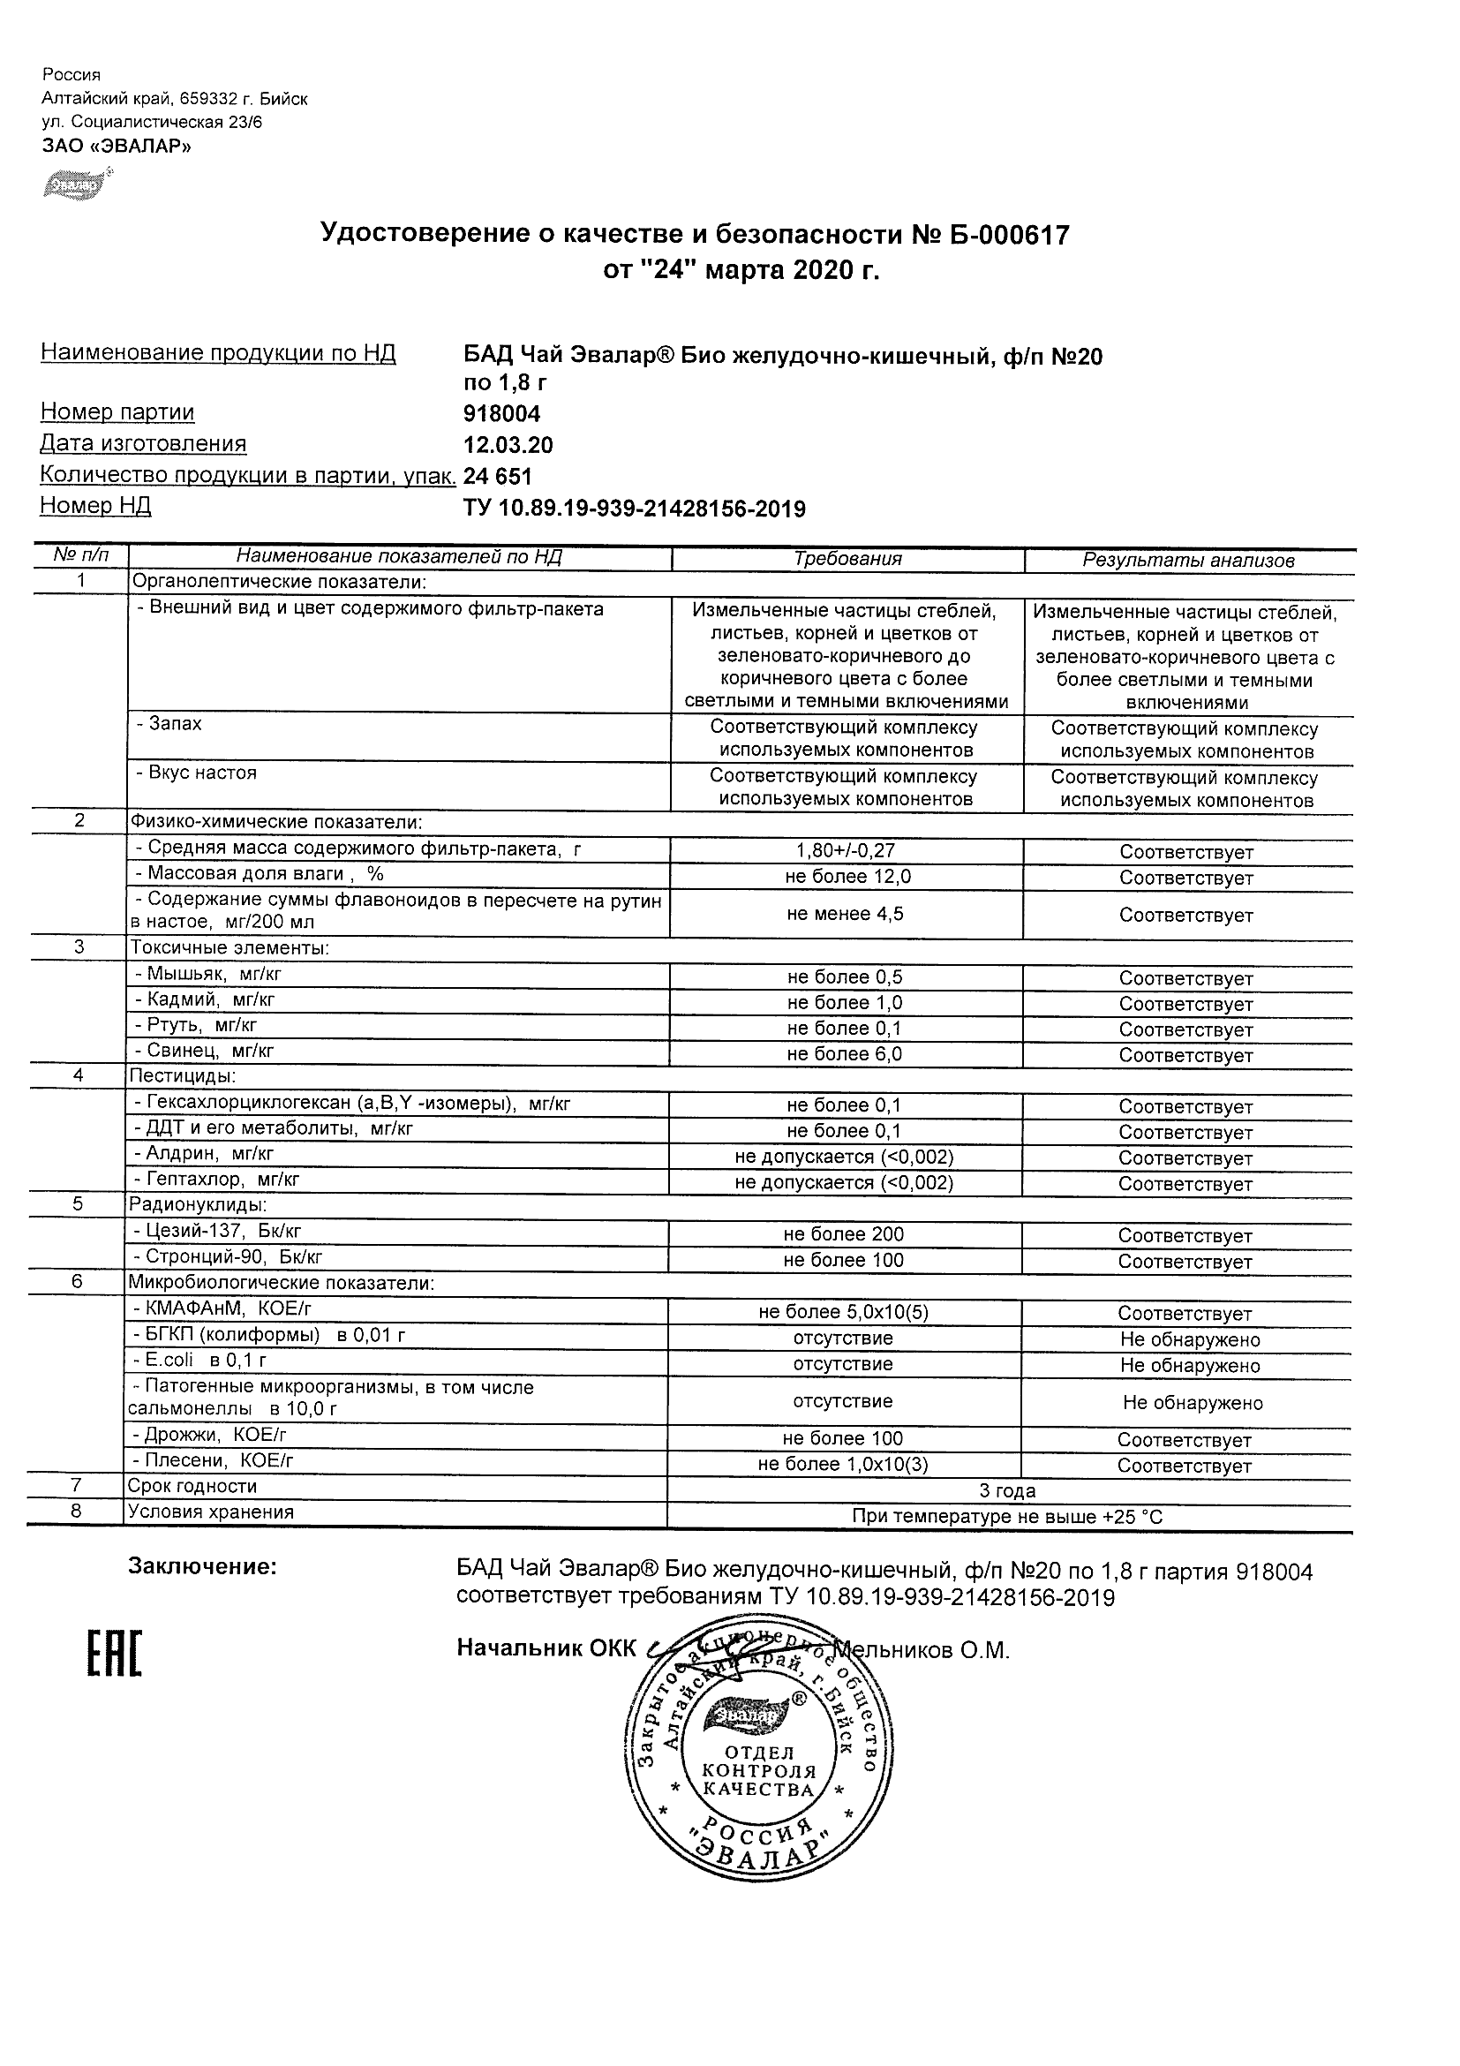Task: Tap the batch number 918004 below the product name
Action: (501, 414)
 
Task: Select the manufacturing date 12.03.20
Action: (508, 445)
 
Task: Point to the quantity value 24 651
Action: (498, 477)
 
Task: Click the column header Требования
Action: (847, 559)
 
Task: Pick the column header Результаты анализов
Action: (1187, 561)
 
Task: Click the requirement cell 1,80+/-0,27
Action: (846, 850)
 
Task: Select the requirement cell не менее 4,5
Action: (845, 914)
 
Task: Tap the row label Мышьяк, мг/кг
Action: (214, 974)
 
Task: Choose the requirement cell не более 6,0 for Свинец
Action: (844, 1053)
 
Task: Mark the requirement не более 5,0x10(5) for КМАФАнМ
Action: (843, 1313)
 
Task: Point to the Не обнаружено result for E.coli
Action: (1189, 1365)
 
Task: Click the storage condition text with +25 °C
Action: (1006, 1517)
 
